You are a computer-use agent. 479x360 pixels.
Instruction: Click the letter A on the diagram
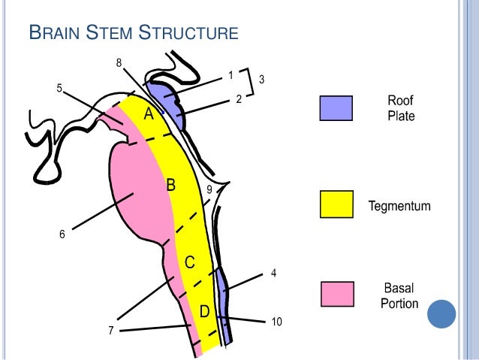pos(149,114)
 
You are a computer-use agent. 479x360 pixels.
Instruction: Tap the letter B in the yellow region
pos(170,184)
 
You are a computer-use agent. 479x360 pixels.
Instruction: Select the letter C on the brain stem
pos(191,262)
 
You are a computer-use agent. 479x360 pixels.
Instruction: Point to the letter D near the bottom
pos(203,311)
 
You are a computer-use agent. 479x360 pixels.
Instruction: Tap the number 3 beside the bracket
pos(261,79)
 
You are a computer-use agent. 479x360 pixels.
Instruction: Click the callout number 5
pos(59,88)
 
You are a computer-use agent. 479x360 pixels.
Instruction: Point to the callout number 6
pos(63,234)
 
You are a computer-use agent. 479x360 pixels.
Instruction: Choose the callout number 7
pos(110,331)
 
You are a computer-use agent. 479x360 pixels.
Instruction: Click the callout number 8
pos(118,62)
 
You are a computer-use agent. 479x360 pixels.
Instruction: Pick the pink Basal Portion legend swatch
pos(336,295)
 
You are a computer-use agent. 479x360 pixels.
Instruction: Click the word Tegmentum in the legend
pos(399,205)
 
